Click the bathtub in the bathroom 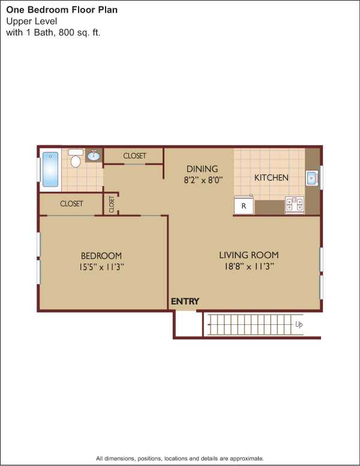[x=50, y=169]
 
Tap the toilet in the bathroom [x=76, y=158]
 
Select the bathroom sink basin [x=94, y=156]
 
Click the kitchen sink [x=312, y=178]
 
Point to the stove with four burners [x=295, y=204]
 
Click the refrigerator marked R [x=244, y=205]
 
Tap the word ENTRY [x=185, y=301]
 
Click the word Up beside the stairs [x=299, y=324]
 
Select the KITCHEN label [x=271, y=178]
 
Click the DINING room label [x=202, y=169]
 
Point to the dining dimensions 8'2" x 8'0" [x=203, y=180]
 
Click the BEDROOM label [x=101, y=256]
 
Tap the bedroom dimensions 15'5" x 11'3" [x=101, y=267]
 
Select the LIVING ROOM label [x=249, y=255]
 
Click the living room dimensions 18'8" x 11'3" [x=249, y=266]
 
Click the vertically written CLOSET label [x=112, y=204]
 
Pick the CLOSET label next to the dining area [x=134, y=156]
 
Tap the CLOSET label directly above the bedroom [x=71, y=204]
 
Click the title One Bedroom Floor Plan [x=62, y=10]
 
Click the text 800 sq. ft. [x=80, y=32]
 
